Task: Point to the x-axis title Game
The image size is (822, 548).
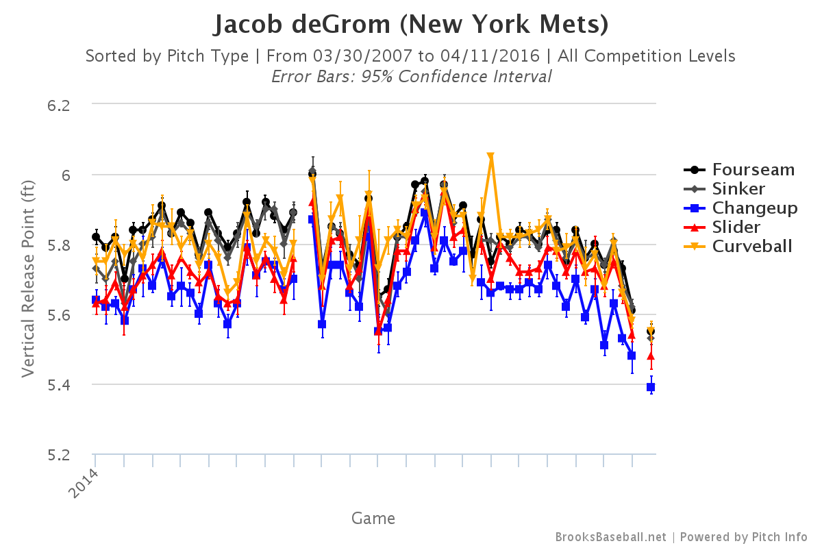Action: coord(373,518)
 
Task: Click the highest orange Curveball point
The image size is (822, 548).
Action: coord(490,157)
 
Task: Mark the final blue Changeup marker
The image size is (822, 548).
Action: coord(651,387)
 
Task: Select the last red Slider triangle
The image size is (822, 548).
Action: coord(651,356)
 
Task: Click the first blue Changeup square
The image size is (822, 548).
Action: coord(96,300)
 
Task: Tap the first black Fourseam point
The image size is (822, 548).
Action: coord(96,237)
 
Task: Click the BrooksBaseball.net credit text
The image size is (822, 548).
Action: coord(610,537)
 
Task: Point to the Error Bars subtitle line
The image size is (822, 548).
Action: coord(411,76)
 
